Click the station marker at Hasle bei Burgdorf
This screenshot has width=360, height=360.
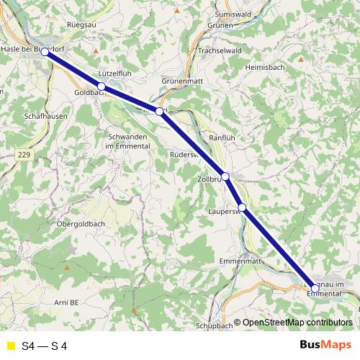coord(45,52)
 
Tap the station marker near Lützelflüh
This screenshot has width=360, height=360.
coord(102,86)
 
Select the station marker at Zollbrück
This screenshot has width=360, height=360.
coord(225,176)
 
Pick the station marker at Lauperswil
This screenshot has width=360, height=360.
coord(243,208)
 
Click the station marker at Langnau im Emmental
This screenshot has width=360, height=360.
coord(315,288)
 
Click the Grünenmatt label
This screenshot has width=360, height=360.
coord(184,82)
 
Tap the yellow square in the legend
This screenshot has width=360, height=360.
coord(9,346)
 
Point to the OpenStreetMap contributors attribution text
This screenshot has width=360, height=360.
coord(297,323)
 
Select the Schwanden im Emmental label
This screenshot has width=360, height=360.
coord(128,141)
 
